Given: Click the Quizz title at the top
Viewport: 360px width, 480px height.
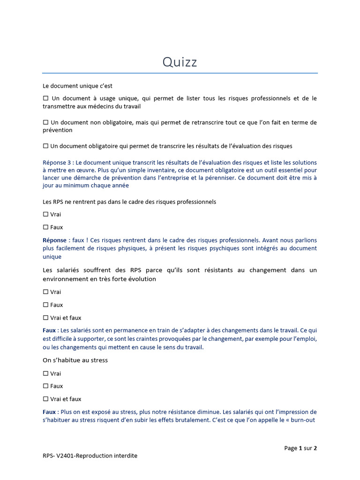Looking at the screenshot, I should point(180,62).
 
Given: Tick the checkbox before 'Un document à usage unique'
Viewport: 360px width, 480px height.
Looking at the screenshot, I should point(45,98).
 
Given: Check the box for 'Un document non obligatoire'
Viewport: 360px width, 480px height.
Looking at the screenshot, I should point(45,122).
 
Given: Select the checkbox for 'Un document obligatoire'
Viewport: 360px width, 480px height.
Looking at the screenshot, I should point(45,146).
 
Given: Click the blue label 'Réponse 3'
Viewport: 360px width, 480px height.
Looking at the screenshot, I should point(57,163).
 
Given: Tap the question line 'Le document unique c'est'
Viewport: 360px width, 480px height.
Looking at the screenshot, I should point(77,86).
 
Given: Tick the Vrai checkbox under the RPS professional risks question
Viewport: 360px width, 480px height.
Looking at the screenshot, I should point(45,214).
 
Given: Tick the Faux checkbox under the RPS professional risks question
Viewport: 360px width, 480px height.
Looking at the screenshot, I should point(45,227).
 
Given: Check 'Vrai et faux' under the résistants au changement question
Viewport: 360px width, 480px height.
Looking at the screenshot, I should point(45,318).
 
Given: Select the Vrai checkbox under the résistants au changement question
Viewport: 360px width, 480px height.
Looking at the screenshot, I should point(45,292).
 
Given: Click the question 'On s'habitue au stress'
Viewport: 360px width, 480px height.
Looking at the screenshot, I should point(75,360).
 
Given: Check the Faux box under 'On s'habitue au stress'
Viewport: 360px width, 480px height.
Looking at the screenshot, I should point(45,386).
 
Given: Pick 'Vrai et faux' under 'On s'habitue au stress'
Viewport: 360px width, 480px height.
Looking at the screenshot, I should point(45,399).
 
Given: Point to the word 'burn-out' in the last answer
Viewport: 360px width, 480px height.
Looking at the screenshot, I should point(304,420).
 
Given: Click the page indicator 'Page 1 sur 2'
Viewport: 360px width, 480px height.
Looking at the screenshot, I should point(300,448).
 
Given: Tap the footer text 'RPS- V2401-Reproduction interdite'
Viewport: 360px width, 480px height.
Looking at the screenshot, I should point(90,456).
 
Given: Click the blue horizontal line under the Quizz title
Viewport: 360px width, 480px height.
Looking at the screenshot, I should point(180,73).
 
